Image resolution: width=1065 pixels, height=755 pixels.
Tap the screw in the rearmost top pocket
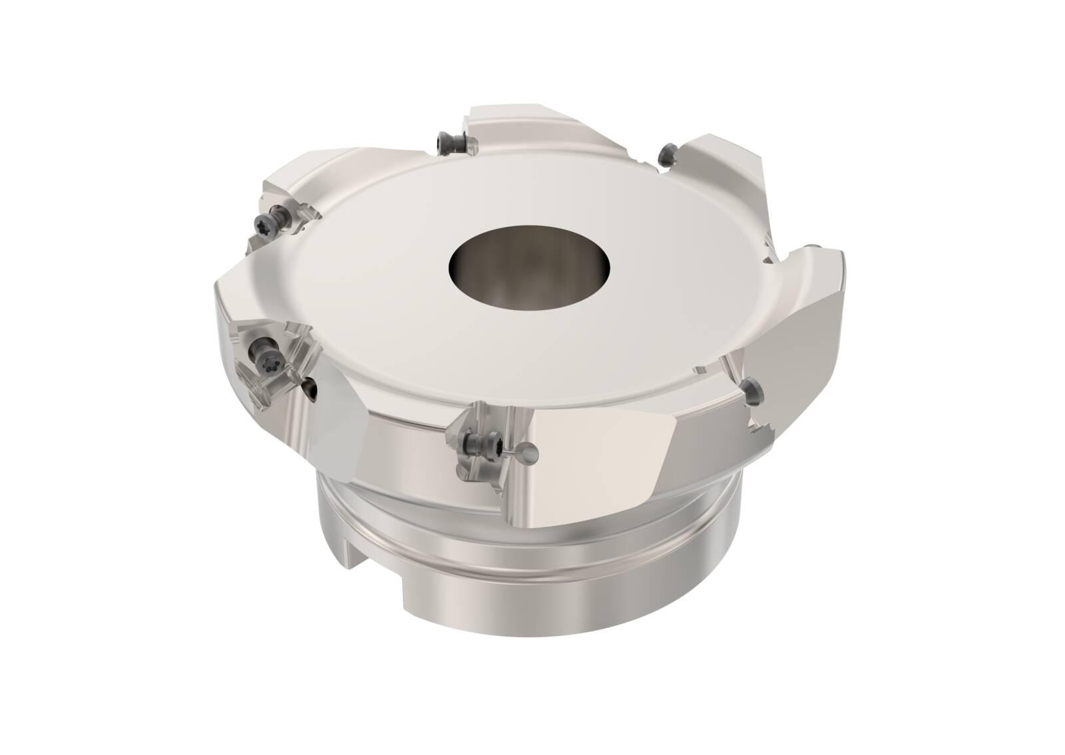point(445,142)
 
